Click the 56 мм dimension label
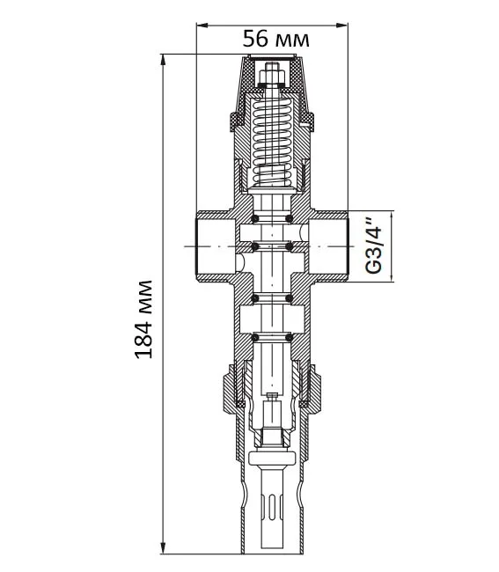(x=276, y=39)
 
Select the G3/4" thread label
(x=373, y=246)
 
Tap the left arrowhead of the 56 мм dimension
(x=202, y=26)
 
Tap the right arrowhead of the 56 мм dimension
(x=341, y=26)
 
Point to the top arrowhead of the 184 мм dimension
(x=163, y=61)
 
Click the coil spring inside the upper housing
(x=272, y=142)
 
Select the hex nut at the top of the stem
(x=272, y=77)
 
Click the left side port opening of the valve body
(x=216, y=246)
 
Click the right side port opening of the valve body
(x=328, y=246)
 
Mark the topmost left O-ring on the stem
(x=255, y=219)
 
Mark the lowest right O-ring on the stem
(x=289, y=338)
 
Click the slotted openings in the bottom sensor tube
(x=272, y=506)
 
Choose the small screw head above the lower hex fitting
(x=272, y=395)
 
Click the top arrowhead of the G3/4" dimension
(x=392, y=216)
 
